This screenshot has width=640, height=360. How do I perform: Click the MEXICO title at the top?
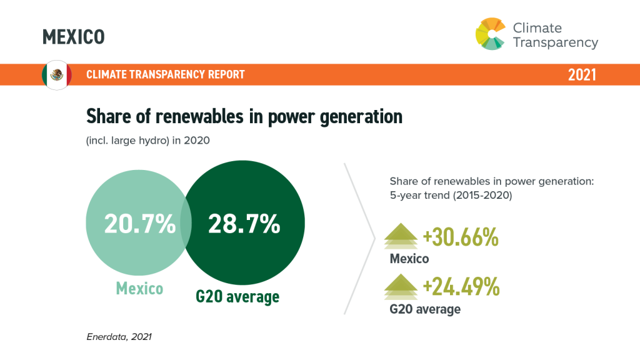click(x=73, y=37)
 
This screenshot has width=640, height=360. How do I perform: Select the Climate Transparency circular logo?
click(x=491, y=34)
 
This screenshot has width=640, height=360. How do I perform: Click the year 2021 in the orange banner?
click(x=582, y=75)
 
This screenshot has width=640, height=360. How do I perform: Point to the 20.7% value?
click(x=139, y=224)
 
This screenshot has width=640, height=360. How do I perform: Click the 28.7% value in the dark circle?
click(x=244, y=224)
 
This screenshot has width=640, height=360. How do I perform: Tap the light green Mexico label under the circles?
click(x=139, y=289)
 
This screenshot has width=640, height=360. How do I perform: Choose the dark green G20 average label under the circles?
click(x=237, y=296)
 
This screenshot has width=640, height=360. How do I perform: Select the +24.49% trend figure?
click(x=461, y=287)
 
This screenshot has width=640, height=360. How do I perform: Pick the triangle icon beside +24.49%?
click(x=401, y=288)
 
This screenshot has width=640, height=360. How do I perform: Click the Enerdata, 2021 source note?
click(x=119, y=337)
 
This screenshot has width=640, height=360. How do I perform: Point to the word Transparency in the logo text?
click(x=556, y=43)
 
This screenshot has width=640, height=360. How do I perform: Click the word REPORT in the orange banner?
click(x=223, y=75)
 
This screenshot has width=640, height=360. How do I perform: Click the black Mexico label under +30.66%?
click(x=409, y=259)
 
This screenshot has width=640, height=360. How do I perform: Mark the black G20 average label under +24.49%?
click(x=425, y=309)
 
